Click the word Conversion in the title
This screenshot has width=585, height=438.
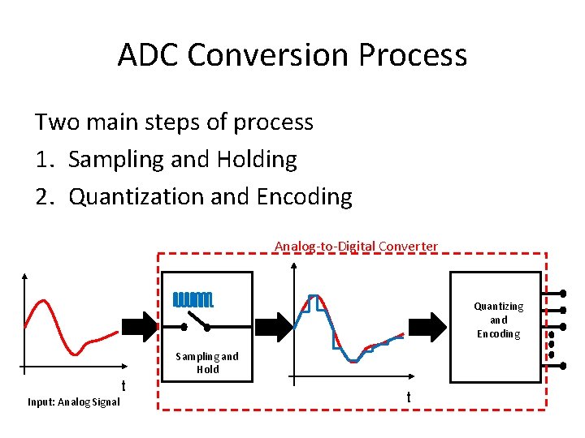pyautogui.click(x=268, y=54)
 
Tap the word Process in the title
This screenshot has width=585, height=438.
pyautogui.click(x=413, y=54)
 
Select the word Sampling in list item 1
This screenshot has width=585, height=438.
pyautogui.click(x=116, y=160)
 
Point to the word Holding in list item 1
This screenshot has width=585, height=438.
pyautogui.click(x=257, y=160)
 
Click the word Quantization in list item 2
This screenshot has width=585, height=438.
pyautogui.click(x=136, y=196)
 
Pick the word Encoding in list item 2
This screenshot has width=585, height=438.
pyautogui.click(x=305, y=197)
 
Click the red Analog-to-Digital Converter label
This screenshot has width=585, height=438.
pyautogui.click(x=356, y=247)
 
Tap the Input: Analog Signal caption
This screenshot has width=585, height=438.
pyautogui.click(x=74, y=402)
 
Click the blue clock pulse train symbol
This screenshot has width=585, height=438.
pyautogui.click(x=193, y=300)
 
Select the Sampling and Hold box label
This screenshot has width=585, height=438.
pyautogui.click(x=207, y=363)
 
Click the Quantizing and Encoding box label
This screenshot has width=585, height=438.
pyautogui.click(x=499, y=320)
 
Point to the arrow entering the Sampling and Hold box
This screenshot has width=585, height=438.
pyautogui.click(x=141, y=327)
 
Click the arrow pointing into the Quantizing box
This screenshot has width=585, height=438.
pyautogui.click(x=427, y=327)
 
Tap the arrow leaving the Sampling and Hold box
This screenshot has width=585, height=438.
pyautogui.click(x=275, y=327)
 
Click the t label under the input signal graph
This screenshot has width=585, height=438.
pyautogui.click(x=123, y=386)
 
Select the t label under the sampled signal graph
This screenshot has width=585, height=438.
pyautogui.click(x=409, y=397)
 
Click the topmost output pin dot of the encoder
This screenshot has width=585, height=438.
pyautogui.click(x=563, y=294)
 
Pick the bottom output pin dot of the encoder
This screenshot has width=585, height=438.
pyautogui.click(x=563, y=366)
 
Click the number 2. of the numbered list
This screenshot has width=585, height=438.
pyautogui.click(x=45, y=196)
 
